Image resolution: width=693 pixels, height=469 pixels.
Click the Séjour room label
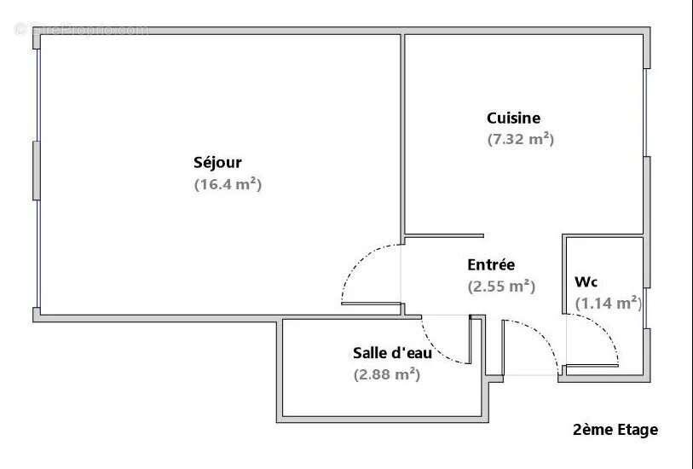[217, 163]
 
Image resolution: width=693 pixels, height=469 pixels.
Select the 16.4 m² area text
[228, 184]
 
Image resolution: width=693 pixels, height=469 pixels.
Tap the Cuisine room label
[513, 119]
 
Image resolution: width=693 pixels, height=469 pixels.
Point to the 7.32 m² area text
[520, 139]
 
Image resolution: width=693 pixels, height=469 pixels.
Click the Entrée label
[491, 265]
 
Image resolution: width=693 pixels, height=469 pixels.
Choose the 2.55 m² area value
[501, 287]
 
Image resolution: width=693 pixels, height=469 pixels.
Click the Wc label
[586, 281]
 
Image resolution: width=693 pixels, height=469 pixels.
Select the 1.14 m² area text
[608, 303]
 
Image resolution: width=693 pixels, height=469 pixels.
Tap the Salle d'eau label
[386, 352]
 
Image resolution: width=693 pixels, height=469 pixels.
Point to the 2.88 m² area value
[387, 373]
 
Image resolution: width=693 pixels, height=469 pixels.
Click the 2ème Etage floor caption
[615, 430]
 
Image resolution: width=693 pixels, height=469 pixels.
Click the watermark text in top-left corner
[81, 30]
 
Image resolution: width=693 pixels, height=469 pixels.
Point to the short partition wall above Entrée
[444, 235]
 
